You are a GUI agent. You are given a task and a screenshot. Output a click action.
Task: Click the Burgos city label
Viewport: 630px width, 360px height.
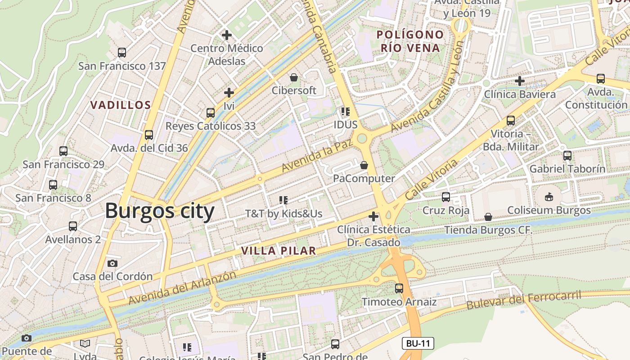click(160, 211)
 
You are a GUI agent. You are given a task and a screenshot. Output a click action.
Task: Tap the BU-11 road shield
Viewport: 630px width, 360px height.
click(418, 343)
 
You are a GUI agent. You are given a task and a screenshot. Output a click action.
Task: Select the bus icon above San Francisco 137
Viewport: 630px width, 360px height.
click(122, 53)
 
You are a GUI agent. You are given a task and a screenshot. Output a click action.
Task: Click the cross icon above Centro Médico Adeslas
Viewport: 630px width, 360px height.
click(227, 35)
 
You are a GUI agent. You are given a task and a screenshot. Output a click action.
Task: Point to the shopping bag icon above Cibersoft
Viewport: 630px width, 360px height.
click(294, 77)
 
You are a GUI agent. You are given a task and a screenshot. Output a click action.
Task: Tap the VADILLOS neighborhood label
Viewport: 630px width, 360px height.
click(121, 105)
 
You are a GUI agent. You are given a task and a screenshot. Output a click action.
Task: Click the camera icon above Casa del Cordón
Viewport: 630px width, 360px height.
click(112, 263)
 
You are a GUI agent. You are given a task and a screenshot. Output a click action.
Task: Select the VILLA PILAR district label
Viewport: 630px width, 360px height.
click(279, 251)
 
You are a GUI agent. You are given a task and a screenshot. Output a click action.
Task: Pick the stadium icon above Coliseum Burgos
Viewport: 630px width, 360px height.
click(549, 197)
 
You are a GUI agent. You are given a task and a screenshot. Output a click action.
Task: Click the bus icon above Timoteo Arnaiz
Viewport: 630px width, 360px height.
click(399, 288)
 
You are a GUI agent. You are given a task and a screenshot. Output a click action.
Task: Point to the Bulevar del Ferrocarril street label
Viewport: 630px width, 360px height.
click(523, 300)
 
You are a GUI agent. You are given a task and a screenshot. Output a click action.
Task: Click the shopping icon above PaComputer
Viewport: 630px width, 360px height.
click(364, 165)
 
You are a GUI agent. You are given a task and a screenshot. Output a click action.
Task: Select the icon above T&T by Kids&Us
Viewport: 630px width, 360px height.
click(283, 200)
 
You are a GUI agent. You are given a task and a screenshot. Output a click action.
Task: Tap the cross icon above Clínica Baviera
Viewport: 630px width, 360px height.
click(520, 81)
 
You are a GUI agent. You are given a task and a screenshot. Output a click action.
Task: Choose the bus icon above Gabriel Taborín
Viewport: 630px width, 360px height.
click(567, 156)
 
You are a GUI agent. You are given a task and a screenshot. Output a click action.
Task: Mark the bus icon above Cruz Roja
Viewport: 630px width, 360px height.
click(446, 197)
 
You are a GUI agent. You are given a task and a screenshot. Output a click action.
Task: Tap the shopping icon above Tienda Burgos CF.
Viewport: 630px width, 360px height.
click(488, 217)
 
